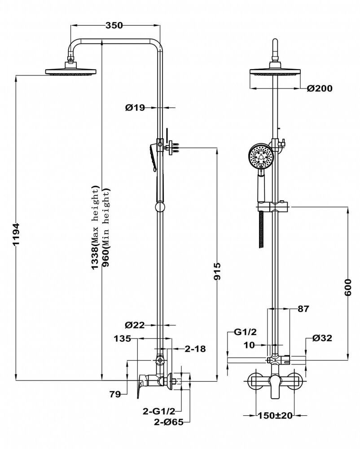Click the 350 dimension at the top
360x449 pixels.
pos(114,26)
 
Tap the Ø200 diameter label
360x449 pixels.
pos(320,88)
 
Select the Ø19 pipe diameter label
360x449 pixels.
pos(135,107)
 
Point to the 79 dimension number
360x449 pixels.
pos(115,395)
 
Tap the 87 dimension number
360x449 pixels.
pos(303,309)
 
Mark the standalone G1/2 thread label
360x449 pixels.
pos(245,332)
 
